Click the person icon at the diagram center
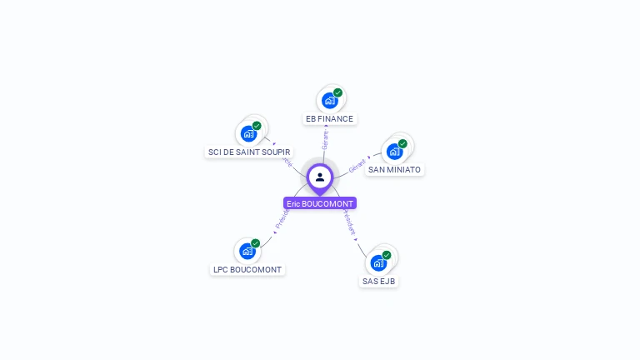(320, 177)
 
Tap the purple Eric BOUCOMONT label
(320, 203)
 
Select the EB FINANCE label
(329, 119)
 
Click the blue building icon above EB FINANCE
(329, 101)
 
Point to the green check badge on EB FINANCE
(337, 92)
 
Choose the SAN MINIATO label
(394, 170)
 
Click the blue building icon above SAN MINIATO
(394, 152)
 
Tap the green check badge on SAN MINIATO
(402, 143)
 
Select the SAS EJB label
(379, 282)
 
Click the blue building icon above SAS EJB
(378, 263)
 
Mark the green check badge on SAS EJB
(387, 255)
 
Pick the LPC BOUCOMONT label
(247, 270)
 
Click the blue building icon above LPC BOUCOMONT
(247, 251)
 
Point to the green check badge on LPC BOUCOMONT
(255, 243)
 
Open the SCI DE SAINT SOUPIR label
(249, 152)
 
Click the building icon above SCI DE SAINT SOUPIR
(248, 133)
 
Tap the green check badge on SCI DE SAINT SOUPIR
(257, 126)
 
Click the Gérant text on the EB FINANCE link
(325, 139)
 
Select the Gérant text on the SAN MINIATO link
(357, 164)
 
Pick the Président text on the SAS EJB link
(347, 221)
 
